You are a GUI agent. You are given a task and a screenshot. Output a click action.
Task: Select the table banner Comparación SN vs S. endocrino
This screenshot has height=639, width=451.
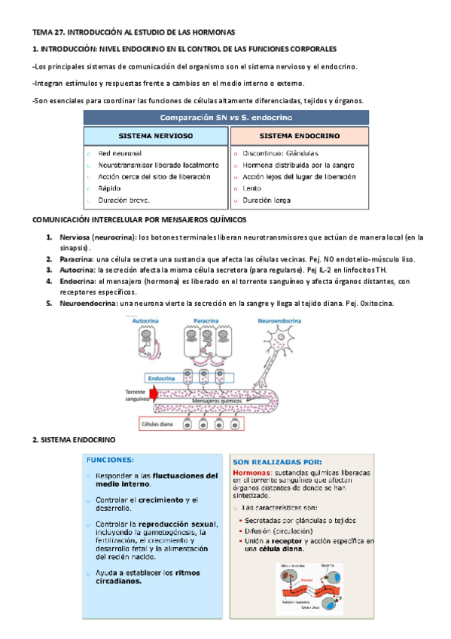[226, 118]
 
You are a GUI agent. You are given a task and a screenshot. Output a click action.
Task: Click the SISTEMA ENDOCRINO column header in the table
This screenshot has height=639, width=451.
[299, 137]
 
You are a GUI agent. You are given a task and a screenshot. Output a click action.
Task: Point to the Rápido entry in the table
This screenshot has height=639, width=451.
[110, 188]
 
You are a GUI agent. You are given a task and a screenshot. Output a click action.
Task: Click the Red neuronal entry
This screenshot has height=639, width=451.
[120, 152]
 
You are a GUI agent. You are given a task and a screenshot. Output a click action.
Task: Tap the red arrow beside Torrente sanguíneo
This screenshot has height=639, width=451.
[154, 394]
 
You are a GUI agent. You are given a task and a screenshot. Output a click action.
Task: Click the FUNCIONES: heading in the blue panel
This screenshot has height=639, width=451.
[111, 459]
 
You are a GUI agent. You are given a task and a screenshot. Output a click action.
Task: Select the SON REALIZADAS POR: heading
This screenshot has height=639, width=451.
[277, 462]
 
